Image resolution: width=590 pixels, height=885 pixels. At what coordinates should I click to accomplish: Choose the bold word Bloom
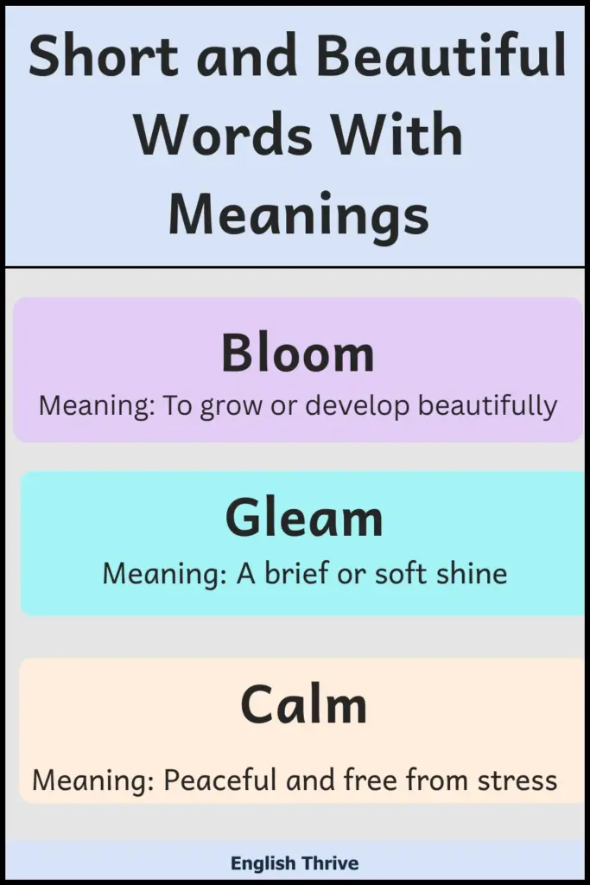[x=298, y=353]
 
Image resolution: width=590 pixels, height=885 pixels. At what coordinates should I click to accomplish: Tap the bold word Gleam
[x=304, y=519]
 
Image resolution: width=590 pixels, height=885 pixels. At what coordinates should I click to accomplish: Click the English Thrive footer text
[x=295, y=863]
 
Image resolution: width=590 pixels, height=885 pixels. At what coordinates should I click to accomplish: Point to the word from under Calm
[x=437, y=781]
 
